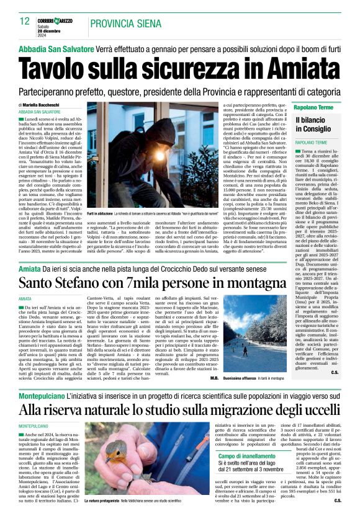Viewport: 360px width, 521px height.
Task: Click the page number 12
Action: click(24, 21)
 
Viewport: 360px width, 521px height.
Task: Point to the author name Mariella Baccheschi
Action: click(46, 105)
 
